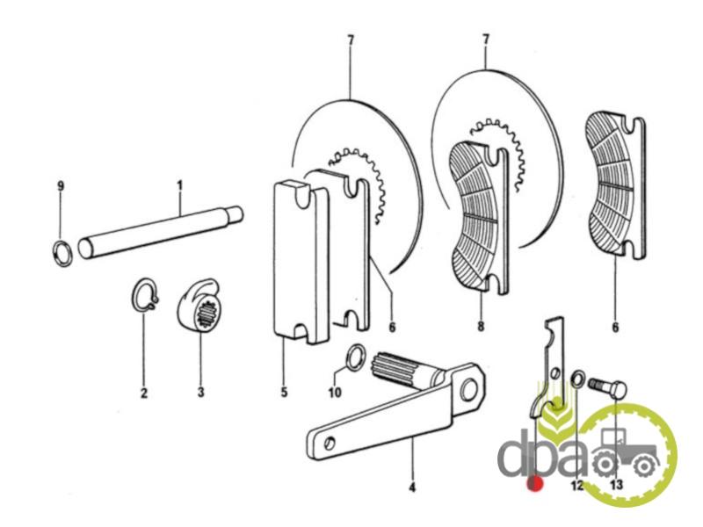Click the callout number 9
[x=61, y=186]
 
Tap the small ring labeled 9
[x=62, y=254]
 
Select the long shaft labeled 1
[x=161, y=232]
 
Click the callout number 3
[x=200, y=393]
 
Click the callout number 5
[x=284, y=393]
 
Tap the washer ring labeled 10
[x=356, y=357]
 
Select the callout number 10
[x=335, y=393]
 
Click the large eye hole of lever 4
[x=469, y=389]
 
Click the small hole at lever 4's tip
[x=330, y=443]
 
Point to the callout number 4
[x=412, y=487]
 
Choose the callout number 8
[x=481, y=326]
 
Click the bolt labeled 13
[x=607, y=387]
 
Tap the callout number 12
[x=577, y=485]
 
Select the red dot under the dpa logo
[x=535, y=484]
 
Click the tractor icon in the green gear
[x=626, y=452]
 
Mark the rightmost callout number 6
[x=615, y=328]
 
